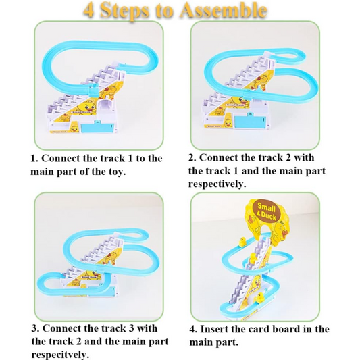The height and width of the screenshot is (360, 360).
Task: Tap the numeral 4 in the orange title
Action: pyautogui.click(x=88, y=11)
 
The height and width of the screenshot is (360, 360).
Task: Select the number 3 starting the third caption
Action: pyautogui.click(x=34, y=329)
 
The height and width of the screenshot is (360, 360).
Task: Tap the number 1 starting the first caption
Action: pyautogui.click(x=33, y=158)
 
